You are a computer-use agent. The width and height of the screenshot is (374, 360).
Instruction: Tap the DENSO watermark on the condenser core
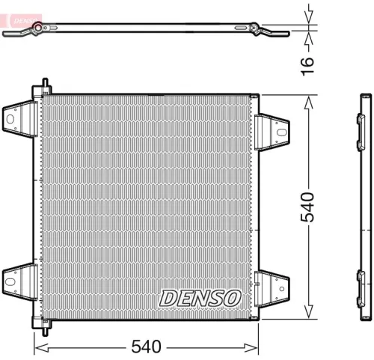200,297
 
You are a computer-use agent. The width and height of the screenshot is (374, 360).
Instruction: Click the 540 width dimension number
146,347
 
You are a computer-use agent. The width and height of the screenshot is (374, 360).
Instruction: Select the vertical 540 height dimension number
309,207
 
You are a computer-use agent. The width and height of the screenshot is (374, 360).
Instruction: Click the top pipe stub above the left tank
46,84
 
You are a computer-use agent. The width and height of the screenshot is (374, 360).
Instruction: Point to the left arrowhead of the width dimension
39,347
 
